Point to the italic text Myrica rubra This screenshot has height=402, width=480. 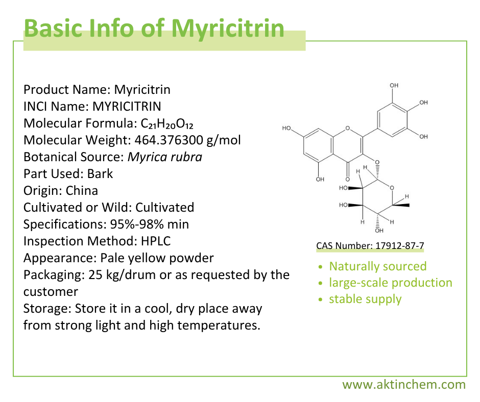click(x=165, y=157)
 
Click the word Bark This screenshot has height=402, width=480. click(x=100, y=173)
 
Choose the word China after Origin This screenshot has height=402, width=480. click(x=82, y=190)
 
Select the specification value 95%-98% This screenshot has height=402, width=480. click(x=129, y=224)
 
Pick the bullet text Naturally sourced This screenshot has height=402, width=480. click(x=377, y=266)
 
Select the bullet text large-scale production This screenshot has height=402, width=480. click(x=390, y=283)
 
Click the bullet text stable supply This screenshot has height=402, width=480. click(x=365, y=299)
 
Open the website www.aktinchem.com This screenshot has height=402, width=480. click(x=403, y=385)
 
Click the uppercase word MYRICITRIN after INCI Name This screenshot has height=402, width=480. click(x=127, y=107)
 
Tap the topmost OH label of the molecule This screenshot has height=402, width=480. click(x=394, y=85)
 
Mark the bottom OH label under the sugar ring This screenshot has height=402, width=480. click(x=379, y=231)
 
